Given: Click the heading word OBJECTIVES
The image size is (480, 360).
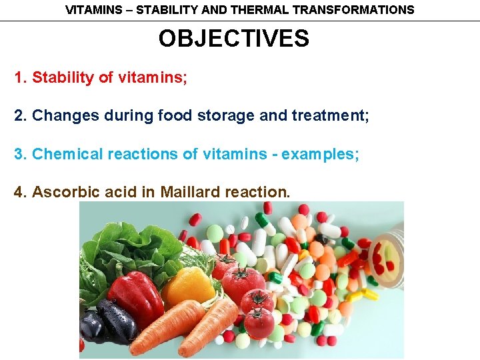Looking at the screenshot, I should [x=233, y=39].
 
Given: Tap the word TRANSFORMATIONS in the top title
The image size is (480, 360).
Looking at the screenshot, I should [x=356, y=10].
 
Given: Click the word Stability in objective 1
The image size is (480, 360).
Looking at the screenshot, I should [x=63, y=77].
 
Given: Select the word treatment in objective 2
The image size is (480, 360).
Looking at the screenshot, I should [x=329, y=116].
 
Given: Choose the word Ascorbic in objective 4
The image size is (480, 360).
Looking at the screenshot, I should [x=63, y=192].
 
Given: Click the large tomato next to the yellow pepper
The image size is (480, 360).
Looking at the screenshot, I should [x=243, y=283].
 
